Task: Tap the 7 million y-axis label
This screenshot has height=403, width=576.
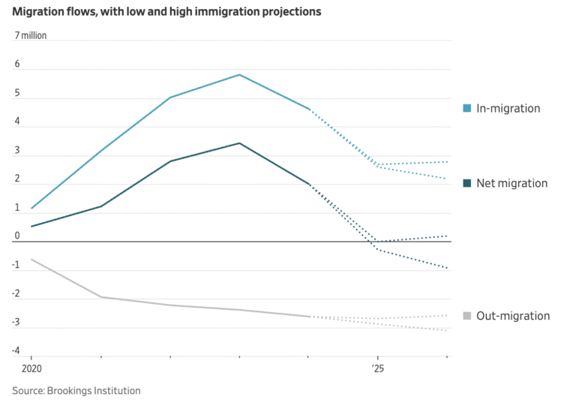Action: [31, 36]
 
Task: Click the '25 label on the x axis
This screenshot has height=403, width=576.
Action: [377, 369]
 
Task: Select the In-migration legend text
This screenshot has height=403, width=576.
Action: [508, 108]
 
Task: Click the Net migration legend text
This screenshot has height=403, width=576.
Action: [511, 183]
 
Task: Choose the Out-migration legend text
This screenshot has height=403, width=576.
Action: [513, 316]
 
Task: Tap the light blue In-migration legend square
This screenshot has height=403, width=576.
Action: [467, 108]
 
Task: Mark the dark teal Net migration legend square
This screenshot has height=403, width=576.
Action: [467, 183]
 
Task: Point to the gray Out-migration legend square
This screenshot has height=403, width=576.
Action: [467, 316]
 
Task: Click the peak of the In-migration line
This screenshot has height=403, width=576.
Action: [239, 74]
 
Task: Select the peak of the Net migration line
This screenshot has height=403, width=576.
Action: [239, 143]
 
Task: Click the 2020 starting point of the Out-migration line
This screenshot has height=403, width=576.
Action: [31, 259]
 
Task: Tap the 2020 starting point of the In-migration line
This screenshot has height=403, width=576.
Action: [31, 208]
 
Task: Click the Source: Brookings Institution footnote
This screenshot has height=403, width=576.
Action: [76, 390]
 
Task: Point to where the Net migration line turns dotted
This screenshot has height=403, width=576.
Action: [308, 184]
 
